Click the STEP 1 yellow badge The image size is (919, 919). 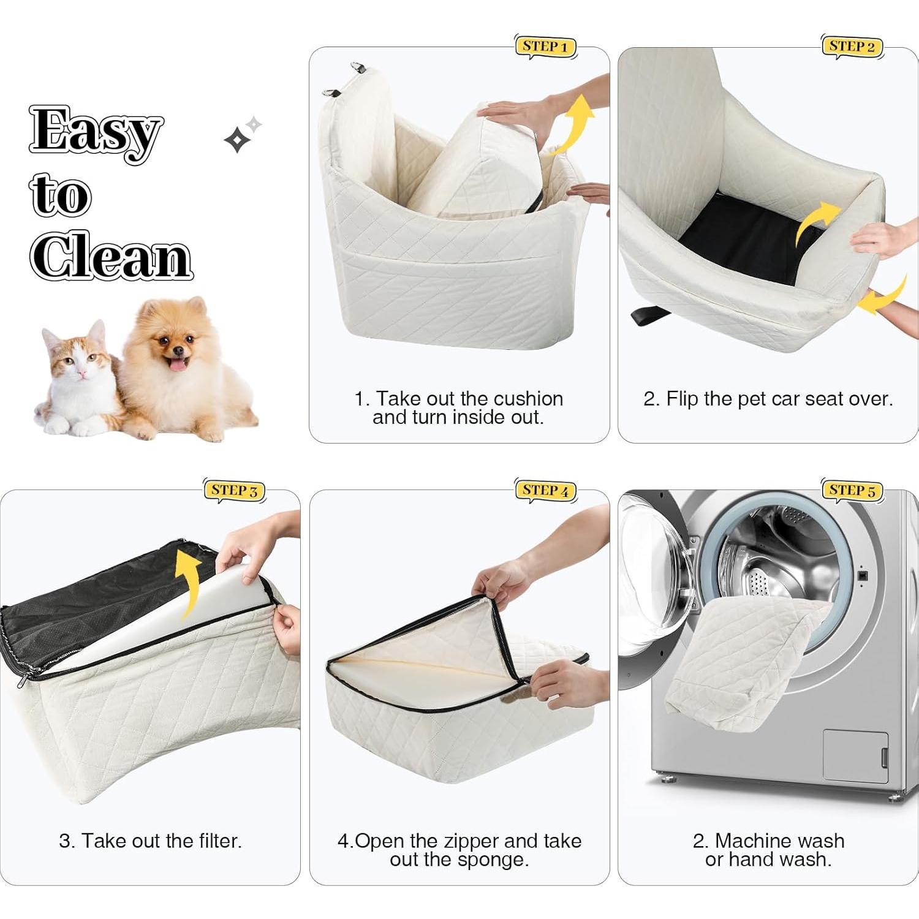coord(545,47)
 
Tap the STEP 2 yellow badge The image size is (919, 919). coord(852,47)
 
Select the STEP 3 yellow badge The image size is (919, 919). coord(234,490)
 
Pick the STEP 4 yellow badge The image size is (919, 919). coord(545,490)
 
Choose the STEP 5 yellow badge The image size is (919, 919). coord(852,490)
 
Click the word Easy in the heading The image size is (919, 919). coord(96,132)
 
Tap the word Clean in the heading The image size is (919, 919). coord(111,256)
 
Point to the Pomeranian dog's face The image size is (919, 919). coord(172,343)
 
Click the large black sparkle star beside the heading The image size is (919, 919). coord(237,140)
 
